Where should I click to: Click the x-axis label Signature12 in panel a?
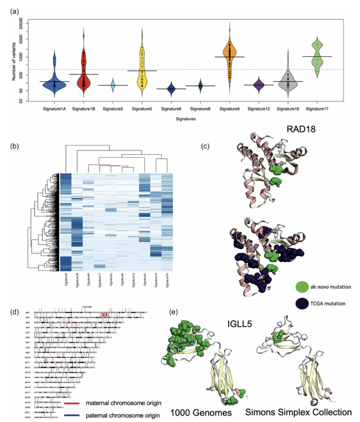click(259, 109)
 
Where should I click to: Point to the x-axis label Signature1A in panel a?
click(55, 109)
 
